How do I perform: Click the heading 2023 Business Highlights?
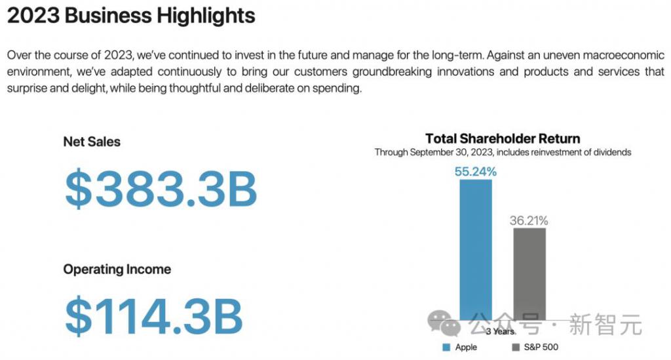[131, 16]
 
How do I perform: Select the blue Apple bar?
[476, 250]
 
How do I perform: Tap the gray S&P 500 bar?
[529, 274]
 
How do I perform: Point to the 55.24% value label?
[476, 172]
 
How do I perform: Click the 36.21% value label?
[529, 220]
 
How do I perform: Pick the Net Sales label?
[92, 142]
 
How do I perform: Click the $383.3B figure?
[161, 189]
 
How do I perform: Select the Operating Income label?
[117, 270]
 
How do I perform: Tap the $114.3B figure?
[153, 316]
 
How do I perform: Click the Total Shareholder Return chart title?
[503, 139]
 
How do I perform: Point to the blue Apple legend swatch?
[446, 347]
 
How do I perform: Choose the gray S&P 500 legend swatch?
[516, 347]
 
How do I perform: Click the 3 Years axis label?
[500, 331]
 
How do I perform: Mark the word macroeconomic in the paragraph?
[624, 55]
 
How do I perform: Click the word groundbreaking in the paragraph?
[392, 71]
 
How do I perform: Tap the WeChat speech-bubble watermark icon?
[444, 323]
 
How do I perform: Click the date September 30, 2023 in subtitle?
[451, 152]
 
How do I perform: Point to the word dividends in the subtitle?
[612, 152]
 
